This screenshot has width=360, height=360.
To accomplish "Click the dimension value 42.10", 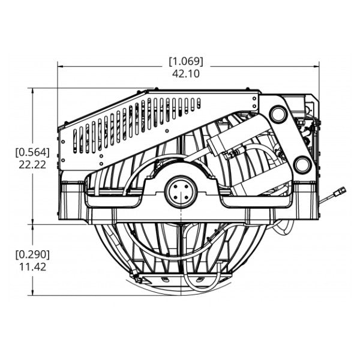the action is (x=186, y=74).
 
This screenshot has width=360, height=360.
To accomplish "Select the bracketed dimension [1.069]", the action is (x=186, y=61).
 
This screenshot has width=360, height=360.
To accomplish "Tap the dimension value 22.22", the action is (x=32, y=164).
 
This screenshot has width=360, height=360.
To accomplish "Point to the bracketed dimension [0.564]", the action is (x=32, y=152).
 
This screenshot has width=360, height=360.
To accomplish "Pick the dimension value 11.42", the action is (x=32, y=267).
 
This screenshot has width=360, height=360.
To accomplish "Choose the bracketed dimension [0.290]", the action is (x=32, y=254).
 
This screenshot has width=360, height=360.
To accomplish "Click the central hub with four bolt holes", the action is (x=181, y=192).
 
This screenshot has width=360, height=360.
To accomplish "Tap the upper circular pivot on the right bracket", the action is (x=278, y=114).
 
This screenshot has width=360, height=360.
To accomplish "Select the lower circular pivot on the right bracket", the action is (x=303, y=164).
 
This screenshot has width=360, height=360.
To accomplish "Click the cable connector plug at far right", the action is (x=340, y=191).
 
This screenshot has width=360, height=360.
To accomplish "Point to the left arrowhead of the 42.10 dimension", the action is (x=60, y=67).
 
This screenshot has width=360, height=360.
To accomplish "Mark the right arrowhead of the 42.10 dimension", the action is (x=316, y=67).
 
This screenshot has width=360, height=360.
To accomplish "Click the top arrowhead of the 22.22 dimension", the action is (x=33, y=91).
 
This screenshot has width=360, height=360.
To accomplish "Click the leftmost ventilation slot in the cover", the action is (x=75, y=141).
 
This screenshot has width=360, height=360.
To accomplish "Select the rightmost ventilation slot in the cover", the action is (x=199, y=103).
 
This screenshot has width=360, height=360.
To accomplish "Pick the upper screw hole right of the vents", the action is (x=254, y=99).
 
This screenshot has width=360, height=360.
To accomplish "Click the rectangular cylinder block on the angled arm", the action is (x=218, y=144).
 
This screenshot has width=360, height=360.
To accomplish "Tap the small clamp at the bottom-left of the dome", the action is (x=137, y=278).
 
